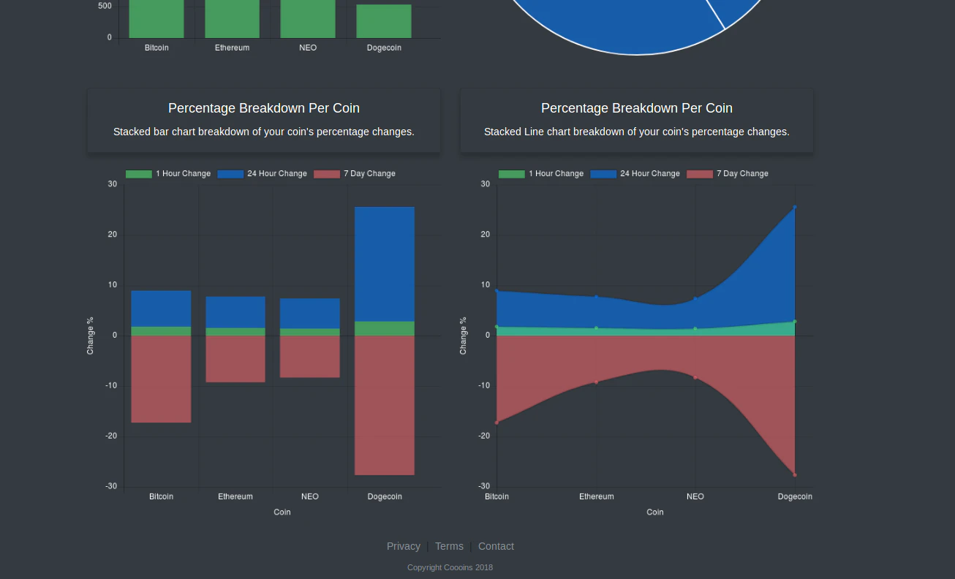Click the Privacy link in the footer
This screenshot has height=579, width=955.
pyautogui.click(x=403, y=546)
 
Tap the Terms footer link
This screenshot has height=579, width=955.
pyautogui.click(x=449, y=546)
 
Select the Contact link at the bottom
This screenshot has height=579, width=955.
pyautogui.click(x=496, y=546)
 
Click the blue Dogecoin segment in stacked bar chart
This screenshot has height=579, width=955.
pyautogui.click(x=385, y=264)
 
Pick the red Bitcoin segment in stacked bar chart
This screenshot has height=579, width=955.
pyautogui.click(x=161, y=379)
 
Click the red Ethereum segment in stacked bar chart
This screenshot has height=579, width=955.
pyautogui.click(x=235, y=359)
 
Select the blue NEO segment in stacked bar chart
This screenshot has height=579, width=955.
pyautogui.click(x=310, y=314)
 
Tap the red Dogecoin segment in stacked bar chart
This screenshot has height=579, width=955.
pyautogui.click(x=385, y=405)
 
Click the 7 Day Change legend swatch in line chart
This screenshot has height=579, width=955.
pyautogui.click(x=700, y=174)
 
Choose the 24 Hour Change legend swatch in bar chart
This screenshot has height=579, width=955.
pyautogui.click(x=230, y=174)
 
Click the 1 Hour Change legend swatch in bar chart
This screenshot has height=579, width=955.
pyautogui.click(x=139, y=174)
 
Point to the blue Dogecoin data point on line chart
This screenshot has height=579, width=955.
pyautogui.click(x=795, y=208)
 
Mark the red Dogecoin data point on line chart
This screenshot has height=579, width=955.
pyautogui.click(x=795, y=474)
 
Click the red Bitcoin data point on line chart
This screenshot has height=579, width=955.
pyautogui.click(x=497, y=423)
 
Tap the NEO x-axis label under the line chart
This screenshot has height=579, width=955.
pyautogui.click(x=695, y=496)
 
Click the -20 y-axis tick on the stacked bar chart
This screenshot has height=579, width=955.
pyautogui.click(x=112, y=436)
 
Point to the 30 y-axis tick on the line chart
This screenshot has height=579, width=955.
pyautogui.click(x=486, y=184)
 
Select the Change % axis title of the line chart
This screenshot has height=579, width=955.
pyautogui.click(x=463, y=336)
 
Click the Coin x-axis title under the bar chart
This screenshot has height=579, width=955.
pyautogui.click(x=282, y=512)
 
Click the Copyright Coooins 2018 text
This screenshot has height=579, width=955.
pyautogui.click(x=450, y=567)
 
